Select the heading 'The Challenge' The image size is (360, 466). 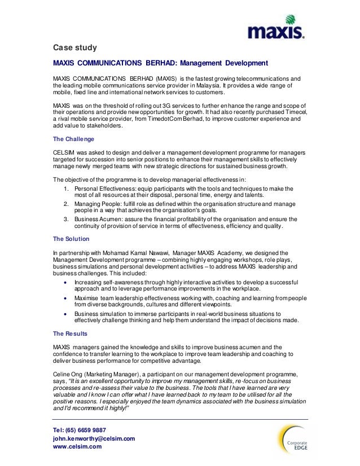point(73,138)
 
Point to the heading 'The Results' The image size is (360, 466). point(70,333)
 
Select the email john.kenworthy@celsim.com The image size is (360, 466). point(94,438)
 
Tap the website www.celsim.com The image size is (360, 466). point(77,447)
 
